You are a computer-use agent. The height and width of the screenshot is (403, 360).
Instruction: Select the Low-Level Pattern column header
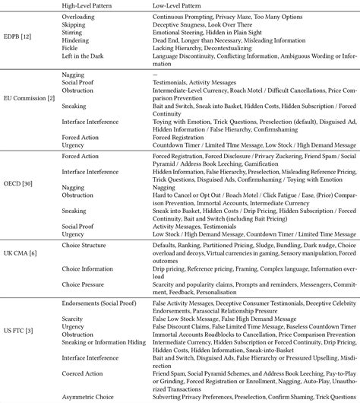[x=166, y=5]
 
